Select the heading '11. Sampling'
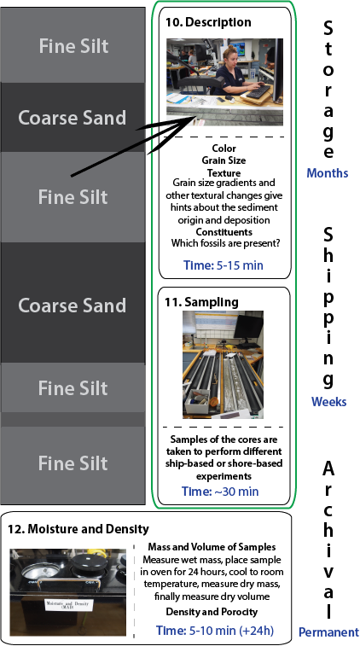coord(201,302)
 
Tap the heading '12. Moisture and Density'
coord(78,528)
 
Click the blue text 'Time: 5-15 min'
coord(224,265)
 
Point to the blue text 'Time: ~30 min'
coord(220,491)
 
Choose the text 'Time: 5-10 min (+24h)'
coord(215,631)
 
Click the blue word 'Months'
coord(327,173)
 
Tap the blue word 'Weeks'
coord(328,401)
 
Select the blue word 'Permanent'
coord(328,631)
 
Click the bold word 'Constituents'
coord(224,232)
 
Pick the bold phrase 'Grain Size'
coord(224,160)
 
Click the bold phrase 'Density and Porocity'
coord(212,611)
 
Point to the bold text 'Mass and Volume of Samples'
coord(212,547)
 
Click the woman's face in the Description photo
coord(230,59)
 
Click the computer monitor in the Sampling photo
coord(248,329)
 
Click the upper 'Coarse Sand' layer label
coord(72,118)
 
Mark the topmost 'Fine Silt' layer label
coord(73,46)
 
